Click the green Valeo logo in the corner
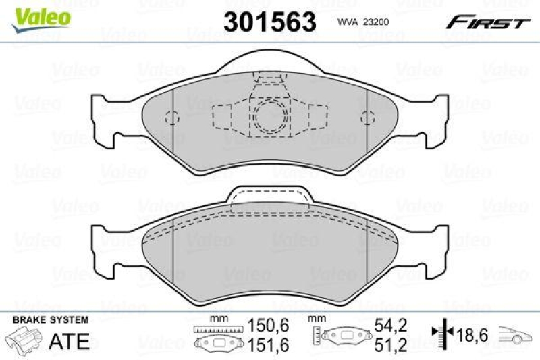(x=40, y=14)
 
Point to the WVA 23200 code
(x=361, y=21)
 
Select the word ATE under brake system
(x=70, y=341)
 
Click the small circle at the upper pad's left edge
(x=172, y=116)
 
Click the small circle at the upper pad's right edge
(x=367, y=116)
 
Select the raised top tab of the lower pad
(x=270, y=196)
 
